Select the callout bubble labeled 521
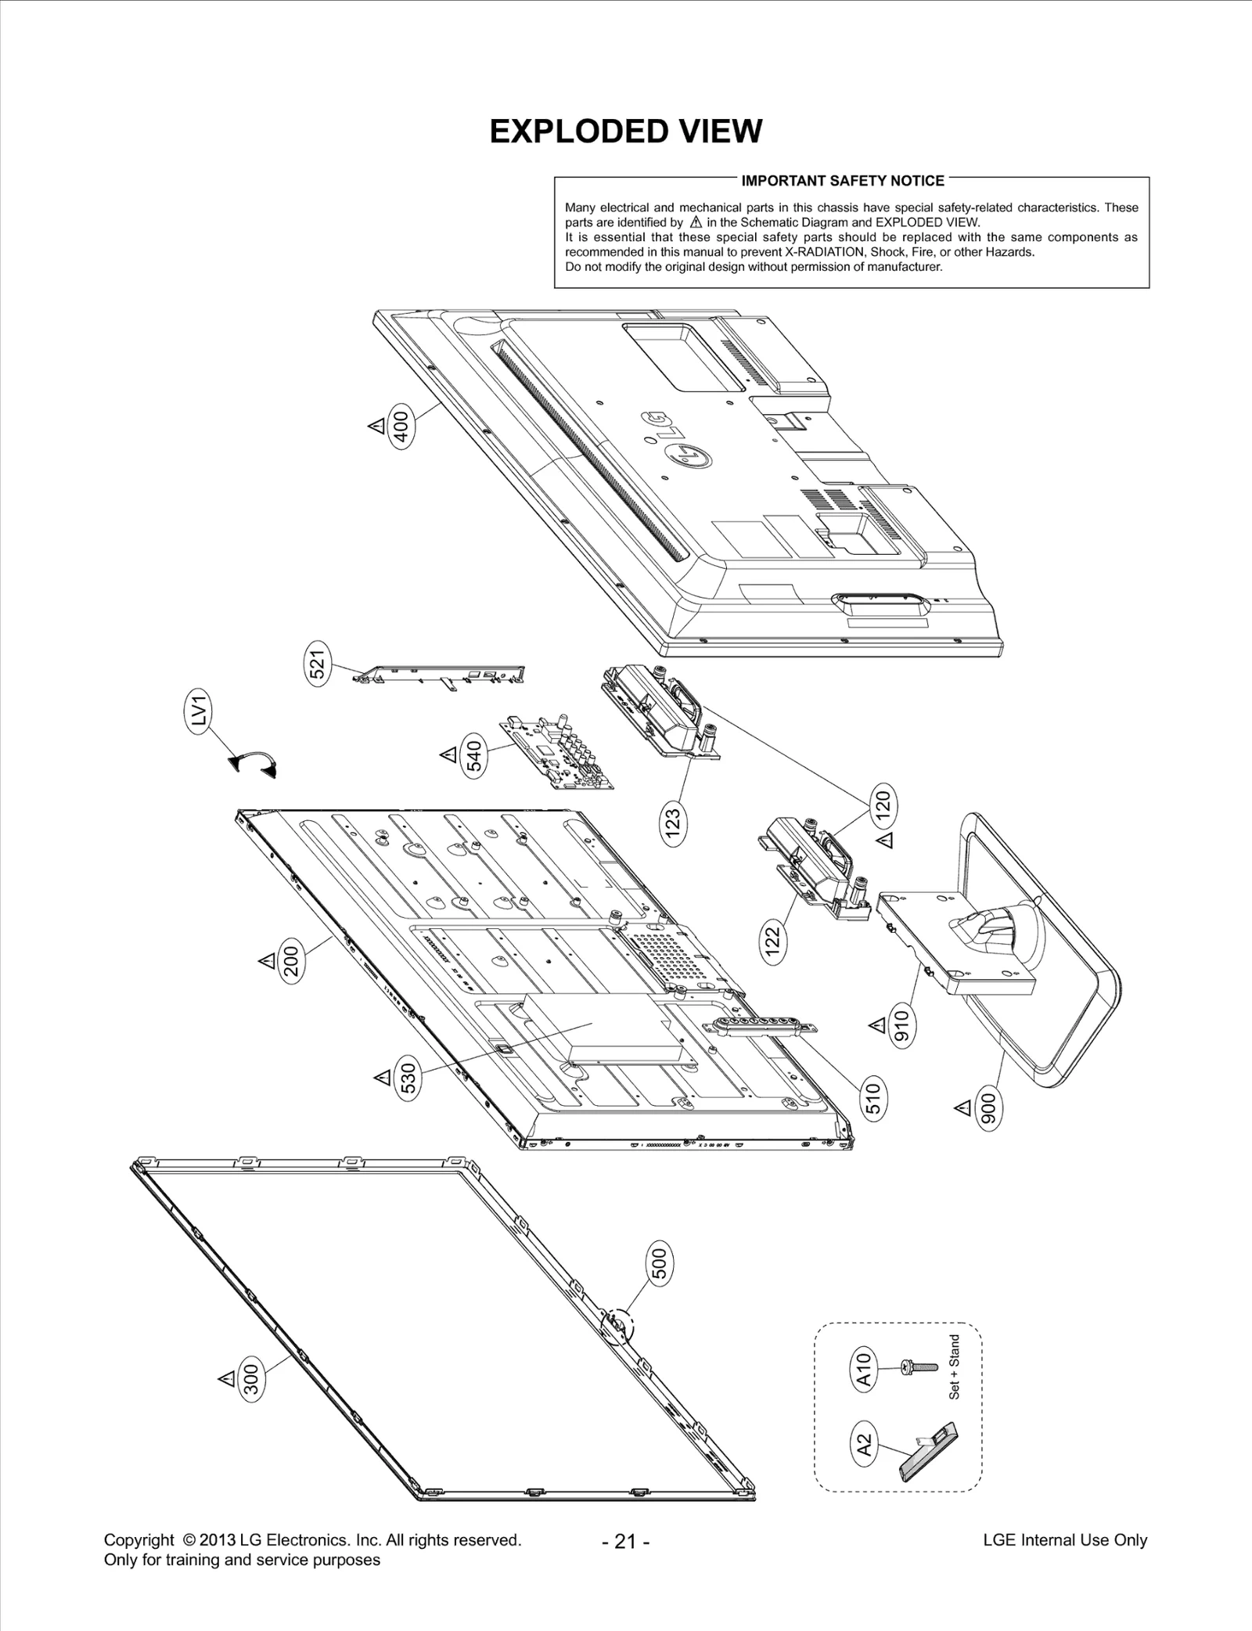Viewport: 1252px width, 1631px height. [x=319, y=663]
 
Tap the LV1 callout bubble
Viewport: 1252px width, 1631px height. [x=200, y=713]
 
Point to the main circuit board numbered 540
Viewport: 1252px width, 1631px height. [x=557, y=752]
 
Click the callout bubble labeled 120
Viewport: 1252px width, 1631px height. [x=882, y=805]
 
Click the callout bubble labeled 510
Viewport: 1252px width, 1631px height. [x=874, y=1097]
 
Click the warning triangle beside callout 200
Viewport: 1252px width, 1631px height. [x=266, y=960]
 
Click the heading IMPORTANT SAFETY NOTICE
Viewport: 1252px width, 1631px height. [x=842, y=181]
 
